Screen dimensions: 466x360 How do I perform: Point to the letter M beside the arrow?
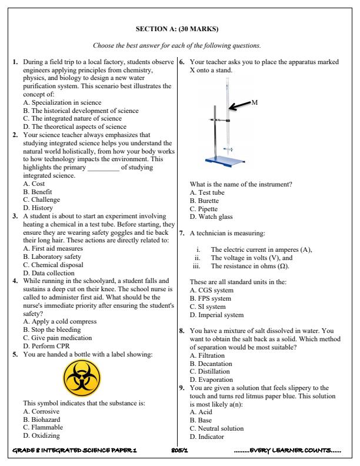(x=255, y=103)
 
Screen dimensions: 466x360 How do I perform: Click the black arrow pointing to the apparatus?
(x=239, y=106)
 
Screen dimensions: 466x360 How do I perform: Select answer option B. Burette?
(x=204, y=201)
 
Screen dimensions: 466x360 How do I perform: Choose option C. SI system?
(x=208, y=307)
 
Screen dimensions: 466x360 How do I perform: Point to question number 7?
(x=183, y=234)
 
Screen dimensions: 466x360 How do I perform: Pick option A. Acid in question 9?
(x=201, y=412)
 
